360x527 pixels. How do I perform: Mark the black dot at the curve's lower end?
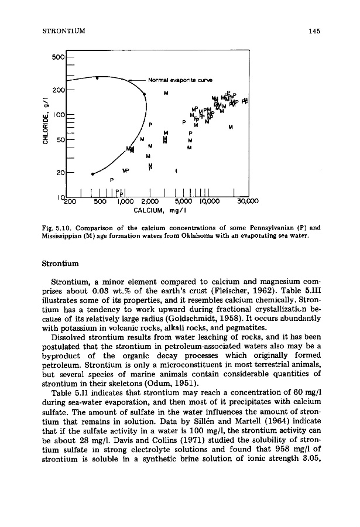(93, 174)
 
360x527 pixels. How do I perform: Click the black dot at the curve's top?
(98, 77)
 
